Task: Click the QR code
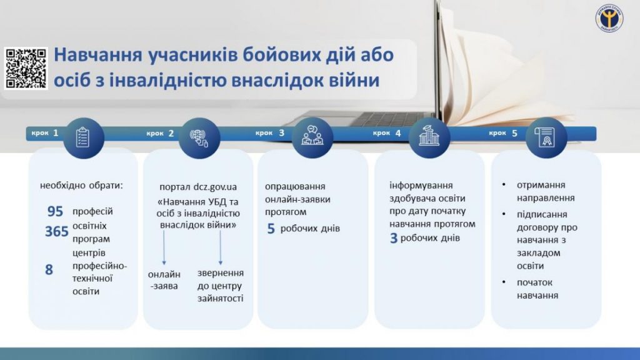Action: [26, 68]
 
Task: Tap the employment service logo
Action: [609, 18]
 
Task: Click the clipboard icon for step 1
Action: [83, 137]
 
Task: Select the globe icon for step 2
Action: [199, 138]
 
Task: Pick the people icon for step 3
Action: [312, 136]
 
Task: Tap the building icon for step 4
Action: [429, 136]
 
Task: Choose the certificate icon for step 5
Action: [546, 137]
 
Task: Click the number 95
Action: [55, 211]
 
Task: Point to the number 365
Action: [57, 231]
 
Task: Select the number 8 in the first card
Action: [49, 270]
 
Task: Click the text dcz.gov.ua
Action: [215, 187]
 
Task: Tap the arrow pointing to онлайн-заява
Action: [164, 247]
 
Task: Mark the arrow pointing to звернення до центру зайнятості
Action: [221, 247]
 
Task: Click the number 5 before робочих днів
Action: [271, 229]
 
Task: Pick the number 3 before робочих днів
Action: [394, 238]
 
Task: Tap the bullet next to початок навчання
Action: [504, 282]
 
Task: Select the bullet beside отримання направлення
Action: [504, 184]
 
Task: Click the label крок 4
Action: [387, 133]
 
